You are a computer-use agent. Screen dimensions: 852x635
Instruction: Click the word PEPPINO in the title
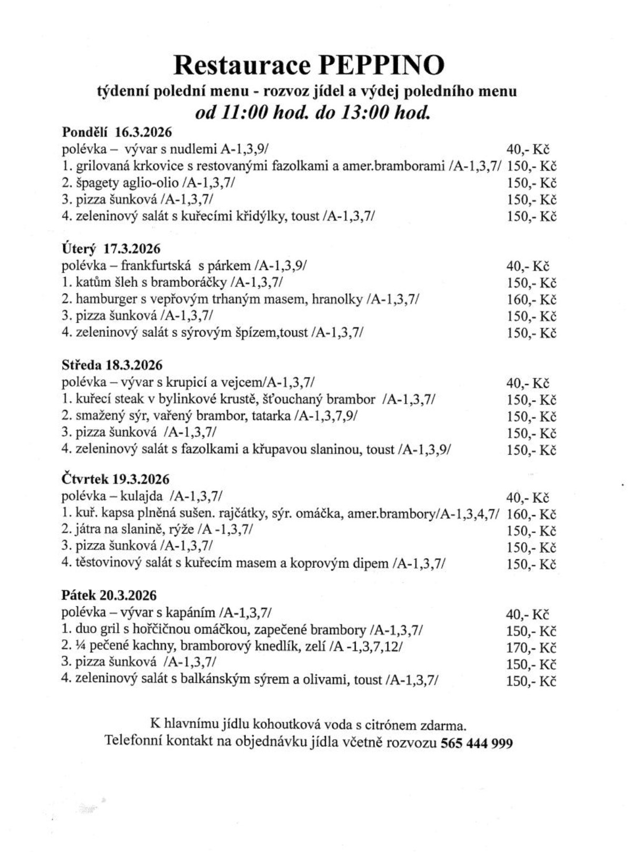coord(381,66)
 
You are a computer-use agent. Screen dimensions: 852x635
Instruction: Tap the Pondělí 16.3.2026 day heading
coord(117,132)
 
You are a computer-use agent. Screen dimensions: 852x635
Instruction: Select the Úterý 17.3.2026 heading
coord(111,248)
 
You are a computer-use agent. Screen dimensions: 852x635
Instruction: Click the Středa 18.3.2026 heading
coord(112,365)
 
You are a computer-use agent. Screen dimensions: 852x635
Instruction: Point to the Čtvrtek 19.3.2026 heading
coord(115,479)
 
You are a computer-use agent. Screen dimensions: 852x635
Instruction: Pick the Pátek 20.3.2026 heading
coord(109,595)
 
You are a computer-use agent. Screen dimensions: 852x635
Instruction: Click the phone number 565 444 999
coord(477,743)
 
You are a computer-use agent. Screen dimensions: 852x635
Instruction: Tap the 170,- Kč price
coord(531,647)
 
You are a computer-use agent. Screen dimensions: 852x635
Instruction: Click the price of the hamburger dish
coord(531,299)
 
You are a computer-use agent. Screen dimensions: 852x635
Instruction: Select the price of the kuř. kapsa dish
coord(531,514)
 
